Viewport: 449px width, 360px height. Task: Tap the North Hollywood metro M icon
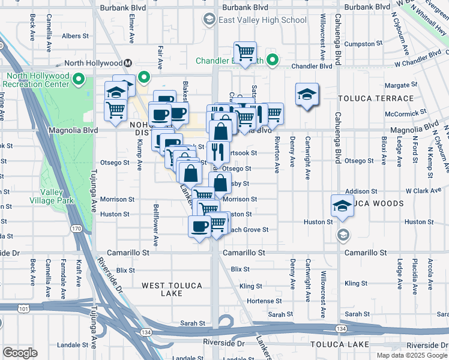point(128,63)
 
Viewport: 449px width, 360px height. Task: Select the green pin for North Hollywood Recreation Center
point(78,78)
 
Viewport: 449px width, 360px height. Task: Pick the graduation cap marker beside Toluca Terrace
point(307,94)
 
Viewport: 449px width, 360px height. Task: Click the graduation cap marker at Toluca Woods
point(342,206)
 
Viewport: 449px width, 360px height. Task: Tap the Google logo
point(20,353)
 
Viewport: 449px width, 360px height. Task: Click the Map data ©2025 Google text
point(411,355)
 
